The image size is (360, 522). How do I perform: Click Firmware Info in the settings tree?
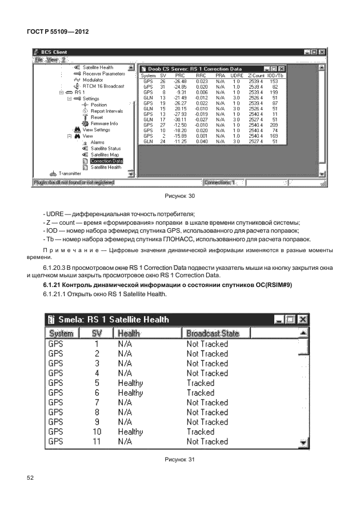click(104, 123)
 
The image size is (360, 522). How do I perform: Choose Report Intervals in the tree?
click(106, 111)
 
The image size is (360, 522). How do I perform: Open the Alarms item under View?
click(97, 142)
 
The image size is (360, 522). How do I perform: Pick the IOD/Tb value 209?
click(273, 124)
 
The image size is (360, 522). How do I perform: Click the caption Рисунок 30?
click(180, 197)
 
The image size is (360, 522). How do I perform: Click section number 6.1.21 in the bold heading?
click(54, 285)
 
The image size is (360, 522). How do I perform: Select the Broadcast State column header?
click(213, 333)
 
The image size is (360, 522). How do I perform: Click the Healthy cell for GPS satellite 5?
click(130, 382)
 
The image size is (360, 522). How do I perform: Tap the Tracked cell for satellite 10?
click(200, 432)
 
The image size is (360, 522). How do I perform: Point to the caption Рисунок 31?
click(180, 459)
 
